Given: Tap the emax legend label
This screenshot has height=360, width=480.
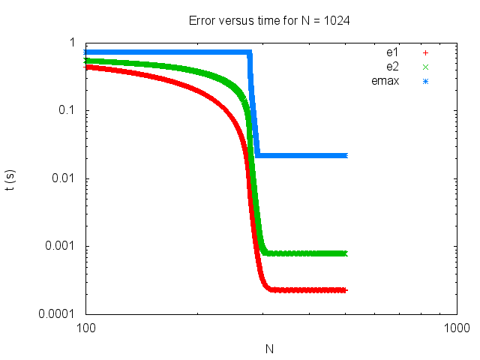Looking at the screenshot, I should coord(385,80).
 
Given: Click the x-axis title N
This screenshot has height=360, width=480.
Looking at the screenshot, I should coord(271,349).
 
